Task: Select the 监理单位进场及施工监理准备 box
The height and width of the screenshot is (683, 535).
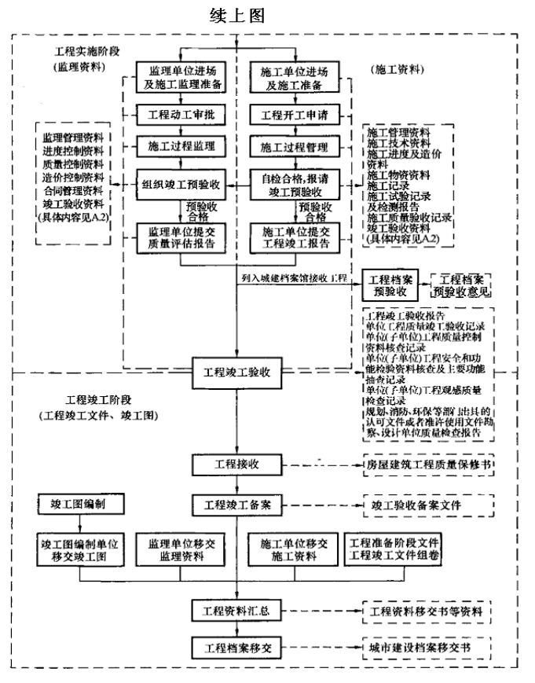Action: click(x=181, y=78)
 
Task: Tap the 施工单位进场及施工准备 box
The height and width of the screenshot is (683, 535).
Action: click(x=294, y=78)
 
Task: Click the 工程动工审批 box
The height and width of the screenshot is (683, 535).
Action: click(x=181, y=115)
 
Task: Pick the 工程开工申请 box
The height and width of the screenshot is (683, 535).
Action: click(x=294, y=115)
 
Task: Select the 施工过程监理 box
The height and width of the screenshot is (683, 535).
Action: click(x=181, y=146)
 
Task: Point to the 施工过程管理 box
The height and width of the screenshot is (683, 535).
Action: click(x=294, y=146)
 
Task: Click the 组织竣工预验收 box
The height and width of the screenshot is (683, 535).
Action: click(x=181, y=185)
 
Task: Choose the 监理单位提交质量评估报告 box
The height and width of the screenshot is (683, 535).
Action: click(x=181, y=237)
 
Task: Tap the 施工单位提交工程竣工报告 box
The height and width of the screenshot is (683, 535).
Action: click(x=294, y=237)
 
